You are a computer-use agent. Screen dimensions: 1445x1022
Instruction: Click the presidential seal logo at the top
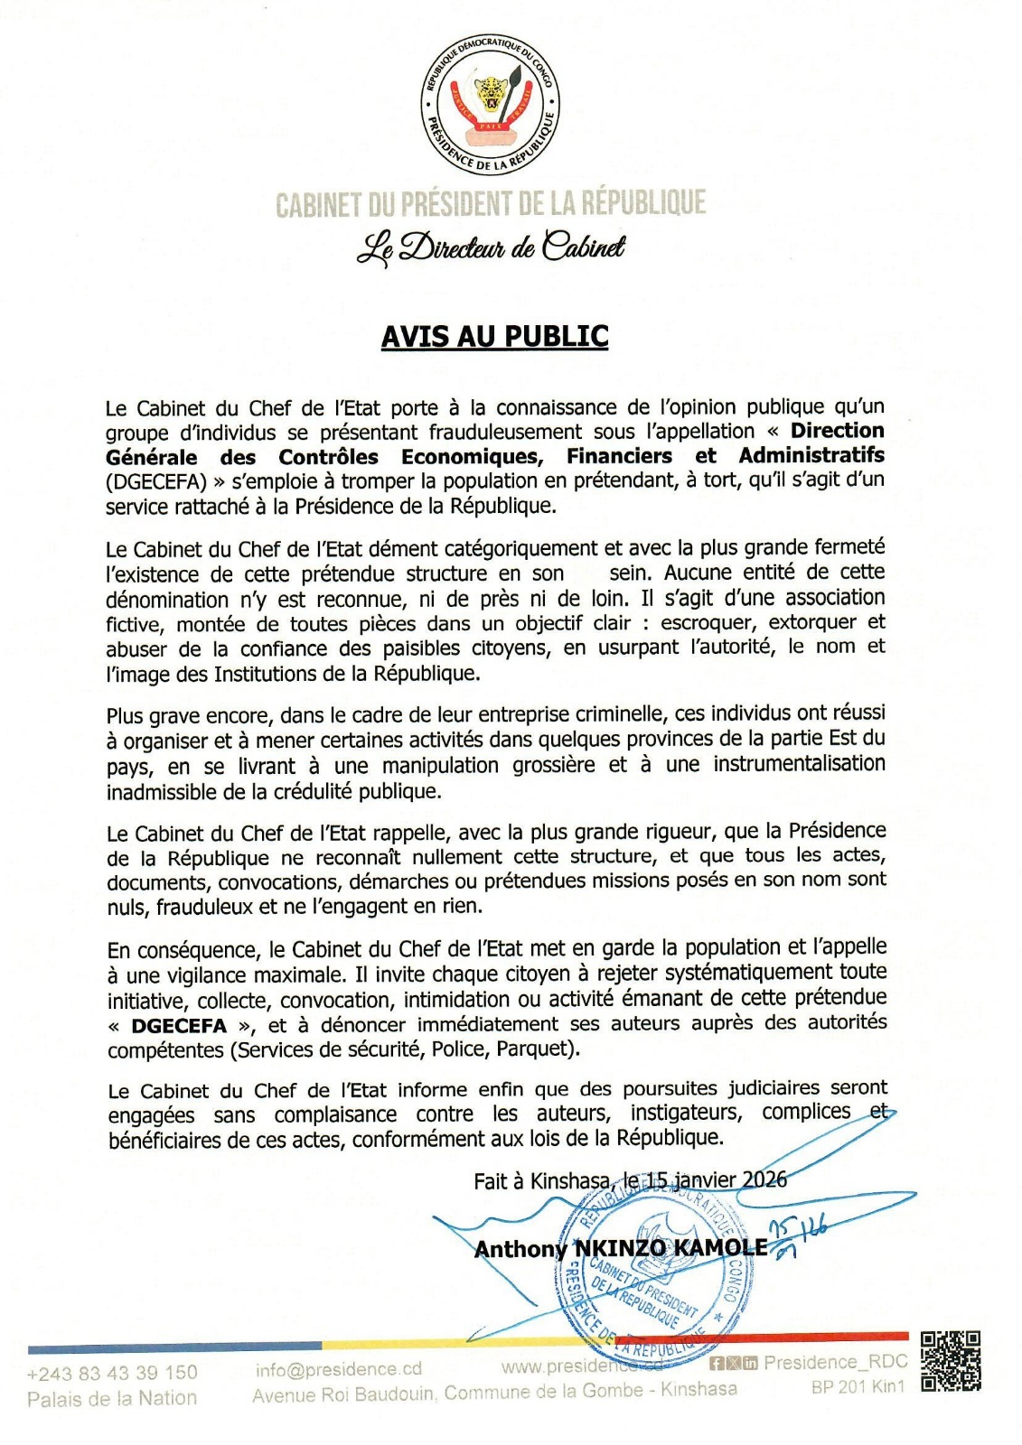[491, 106]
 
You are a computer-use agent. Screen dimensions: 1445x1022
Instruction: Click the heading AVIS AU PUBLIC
[494, 336]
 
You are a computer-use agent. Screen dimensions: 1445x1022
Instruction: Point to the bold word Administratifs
[811, 455]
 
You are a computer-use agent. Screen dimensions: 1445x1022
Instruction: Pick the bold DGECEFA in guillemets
[179, 1026]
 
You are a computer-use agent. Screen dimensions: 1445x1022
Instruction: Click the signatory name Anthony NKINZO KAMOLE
[621, 1248]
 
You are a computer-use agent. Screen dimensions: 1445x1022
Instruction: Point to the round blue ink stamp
[644, 1274]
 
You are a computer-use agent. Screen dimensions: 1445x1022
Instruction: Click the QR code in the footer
[951, 1361]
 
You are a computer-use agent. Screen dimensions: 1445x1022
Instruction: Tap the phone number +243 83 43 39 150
[112, 1373]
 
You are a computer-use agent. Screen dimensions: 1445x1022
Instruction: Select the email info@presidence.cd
[338, 1370]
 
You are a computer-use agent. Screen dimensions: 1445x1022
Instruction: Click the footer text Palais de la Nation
[112, 1398]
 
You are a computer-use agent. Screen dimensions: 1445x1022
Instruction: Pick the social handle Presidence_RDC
[835, 1363]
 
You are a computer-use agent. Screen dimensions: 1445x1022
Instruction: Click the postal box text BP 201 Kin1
[858, 1386]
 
